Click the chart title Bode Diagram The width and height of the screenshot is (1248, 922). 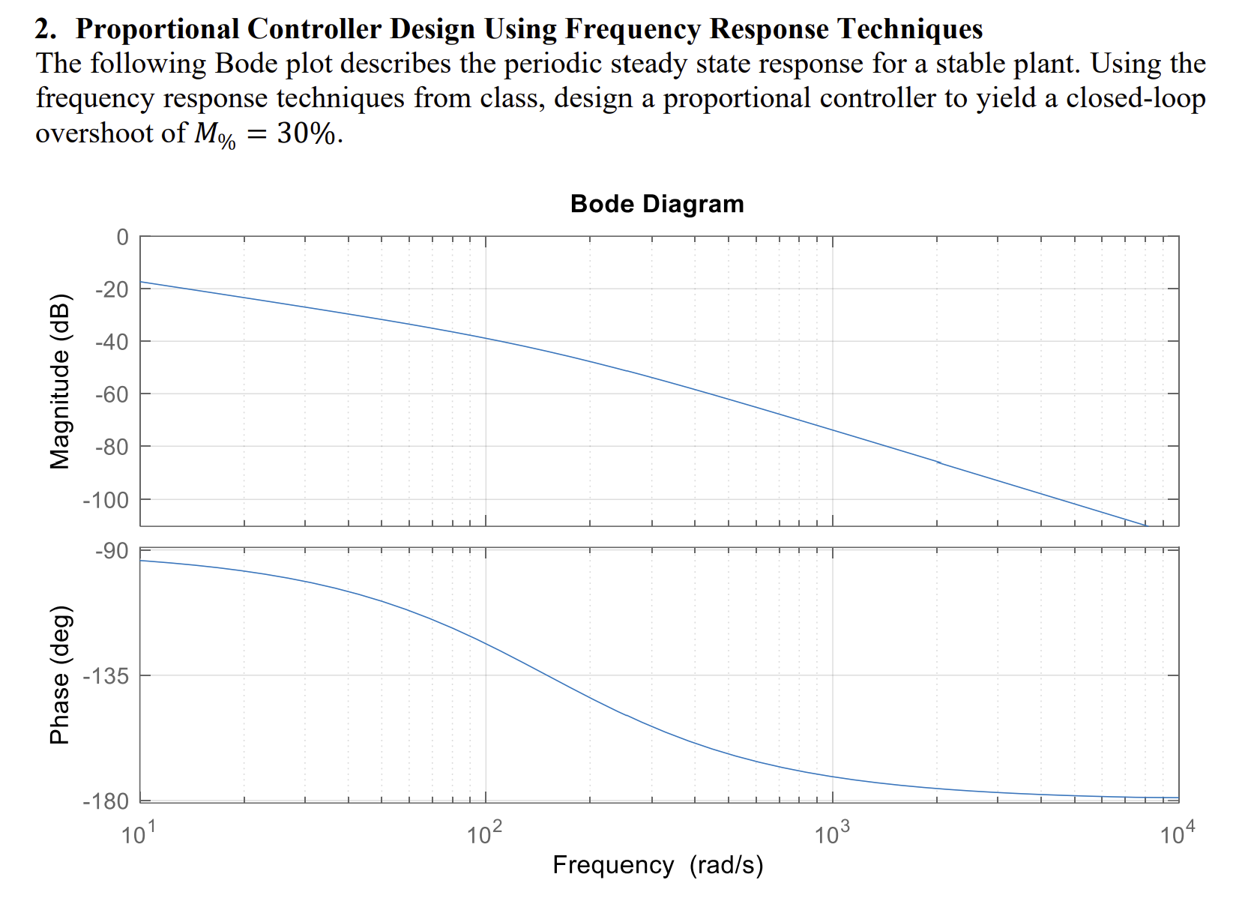[x=657, y=204]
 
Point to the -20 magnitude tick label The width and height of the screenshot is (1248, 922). [x=112, y=289]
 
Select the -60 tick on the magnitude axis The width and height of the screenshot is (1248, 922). [x=112, y=394]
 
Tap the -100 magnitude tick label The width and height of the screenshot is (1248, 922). [x=106, y=500]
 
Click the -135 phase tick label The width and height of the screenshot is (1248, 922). [x=106, y=676]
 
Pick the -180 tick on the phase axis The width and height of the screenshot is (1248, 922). [x=106, y=801]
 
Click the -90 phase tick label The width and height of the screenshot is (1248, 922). [x=112, y=551]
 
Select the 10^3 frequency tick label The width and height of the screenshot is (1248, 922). [x=831, y=833]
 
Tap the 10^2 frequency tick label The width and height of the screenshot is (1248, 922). [x=484, y=833]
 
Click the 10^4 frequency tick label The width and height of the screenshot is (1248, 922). [x=1178, y=833]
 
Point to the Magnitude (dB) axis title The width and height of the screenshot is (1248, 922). [x=59, y=382]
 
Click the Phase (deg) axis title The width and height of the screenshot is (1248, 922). [x=59, y=675]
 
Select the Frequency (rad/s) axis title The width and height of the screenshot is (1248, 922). [x=657, y=865]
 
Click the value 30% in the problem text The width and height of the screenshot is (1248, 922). [x=306, y=133]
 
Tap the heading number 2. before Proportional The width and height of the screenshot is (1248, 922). [x=46, y=29]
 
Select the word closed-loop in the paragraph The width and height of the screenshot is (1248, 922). [x=1136, y=98]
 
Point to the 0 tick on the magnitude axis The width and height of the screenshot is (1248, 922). [x=122, y=238]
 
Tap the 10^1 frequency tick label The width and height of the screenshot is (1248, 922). [x=138, y=833]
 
